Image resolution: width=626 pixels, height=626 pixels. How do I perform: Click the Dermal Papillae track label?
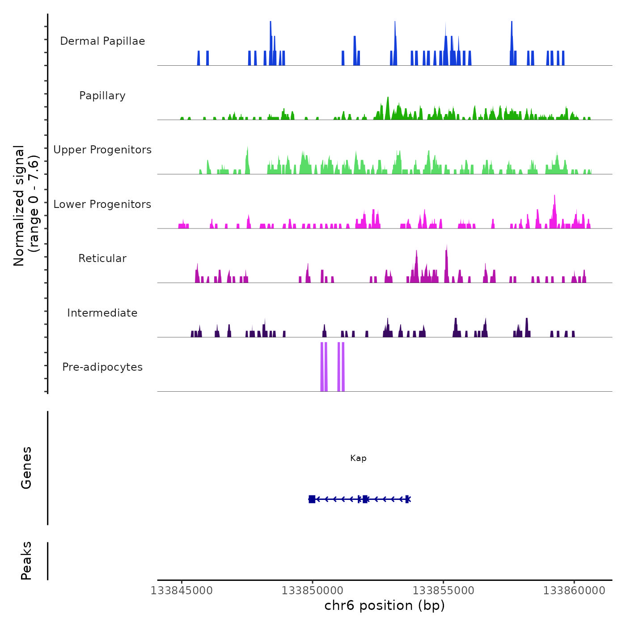click(102, 41)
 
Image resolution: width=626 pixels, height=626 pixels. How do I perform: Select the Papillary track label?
click(102, 96)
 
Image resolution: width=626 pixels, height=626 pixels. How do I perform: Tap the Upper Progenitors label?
click(102, 150)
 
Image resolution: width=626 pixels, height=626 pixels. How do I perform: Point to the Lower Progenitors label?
click(102, 204)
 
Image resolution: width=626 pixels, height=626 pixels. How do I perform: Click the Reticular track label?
click(102, 258)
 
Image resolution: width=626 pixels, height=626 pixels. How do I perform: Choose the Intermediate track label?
click(102, 313)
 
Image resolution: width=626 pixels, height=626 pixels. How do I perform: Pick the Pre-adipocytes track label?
click(102, 367)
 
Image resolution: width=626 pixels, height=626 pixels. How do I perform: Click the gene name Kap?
click(358, 458)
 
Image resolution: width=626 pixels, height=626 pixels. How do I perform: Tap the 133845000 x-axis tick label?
click(182, 591)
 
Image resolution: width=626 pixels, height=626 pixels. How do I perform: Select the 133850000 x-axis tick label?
click(313, 591)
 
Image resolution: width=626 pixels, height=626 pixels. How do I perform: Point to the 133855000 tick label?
click(443, 591)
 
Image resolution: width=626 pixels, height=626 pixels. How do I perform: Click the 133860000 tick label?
click(574, 591)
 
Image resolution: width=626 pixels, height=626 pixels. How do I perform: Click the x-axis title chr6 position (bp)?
click(385, 606)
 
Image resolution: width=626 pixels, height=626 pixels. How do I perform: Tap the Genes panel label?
click(26, 468)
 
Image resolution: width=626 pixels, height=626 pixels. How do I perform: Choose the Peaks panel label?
click(26, 561)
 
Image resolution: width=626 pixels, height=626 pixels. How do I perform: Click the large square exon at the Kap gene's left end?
click(312, 499)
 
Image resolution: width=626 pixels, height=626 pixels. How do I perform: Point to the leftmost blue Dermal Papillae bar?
click(199, 58)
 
